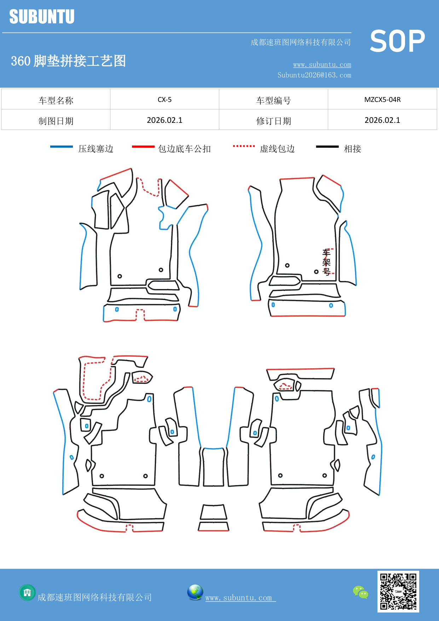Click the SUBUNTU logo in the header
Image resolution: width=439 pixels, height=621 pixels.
tap(42, 17)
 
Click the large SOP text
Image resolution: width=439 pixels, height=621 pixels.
tap(397, 41)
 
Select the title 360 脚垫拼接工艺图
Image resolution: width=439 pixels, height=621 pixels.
tap(68, 61)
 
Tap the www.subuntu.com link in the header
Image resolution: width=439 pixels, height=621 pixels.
tap(322, 64)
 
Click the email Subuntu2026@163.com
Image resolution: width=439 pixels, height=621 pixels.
tap(314, 75)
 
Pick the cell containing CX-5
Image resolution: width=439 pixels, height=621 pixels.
tap(164, 99)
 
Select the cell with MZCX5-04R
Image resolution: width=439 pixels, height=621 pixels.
tap(382, 99)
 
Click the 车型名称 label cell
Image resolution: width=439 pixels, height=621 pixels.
tap(56, 101)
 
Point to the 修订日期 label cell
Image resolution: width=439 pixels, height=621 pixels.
tap(273, 121)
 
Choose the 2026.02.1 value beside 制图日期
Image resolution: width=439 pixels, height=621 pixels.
tap(164, 120)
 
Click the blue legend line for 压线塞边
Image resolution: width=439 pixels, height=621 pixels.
tap(62, 147)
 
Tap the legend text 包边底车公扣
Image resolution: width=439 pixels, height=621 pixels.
tap(184, 149)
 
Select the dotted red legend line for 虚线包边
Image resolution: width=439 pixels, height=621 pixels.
tap(244, 146)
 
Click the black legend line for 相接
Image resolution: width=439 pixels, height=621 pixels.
tap(327, 147)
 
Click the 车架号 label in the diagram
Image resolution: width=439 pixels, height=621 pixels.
tap(326, 262)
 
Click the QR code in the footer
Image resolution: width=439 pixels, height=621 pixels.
tap(398, 591)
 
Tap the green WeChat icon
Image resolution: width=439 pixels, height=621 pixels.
tap(360, 592)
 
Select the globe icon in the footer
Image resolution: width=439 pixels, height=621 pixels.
tap(195, 592)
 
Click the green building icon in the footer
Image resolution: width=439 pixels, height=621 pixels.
tap(27, 592)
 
